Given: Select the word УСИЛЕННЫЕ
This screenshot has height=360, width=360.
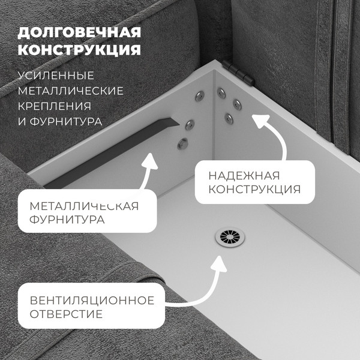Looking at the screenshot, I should tap(56, 76).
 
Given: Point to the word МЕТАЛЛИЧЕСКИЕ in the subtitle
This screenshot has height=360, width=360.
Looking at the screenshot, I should tap(71, 91).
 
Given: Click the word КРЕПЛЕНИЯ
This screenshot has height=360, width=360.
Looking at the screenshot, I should tap(58, 107).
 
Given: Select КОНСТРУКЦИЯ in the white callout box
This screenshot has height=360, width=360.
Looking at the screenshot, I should tap(254, 190).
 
